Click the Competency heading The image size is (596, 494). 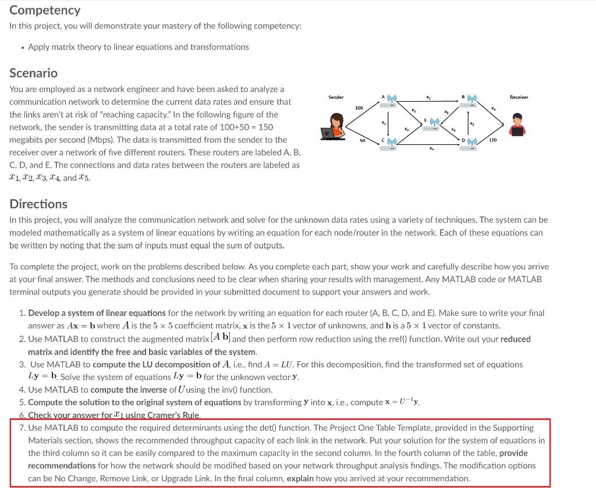(x=45, y=10)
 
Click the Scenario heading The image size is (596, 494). (x=33, y=73)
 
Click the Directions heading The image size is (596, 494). (x=38, y=204)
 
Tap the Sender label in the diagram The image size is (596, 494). (x=336, y=97)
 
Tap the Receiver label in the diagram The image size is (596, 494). (x=519, y=97)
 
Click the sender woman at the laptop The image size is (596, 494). (x=335, y=127)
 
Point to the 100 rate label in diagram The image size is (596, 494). (x=359, y=109)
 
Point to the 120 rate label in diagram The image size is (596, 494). (x=493, y=141)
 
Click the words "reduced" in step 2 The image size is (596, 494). (x=515, y=339)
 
